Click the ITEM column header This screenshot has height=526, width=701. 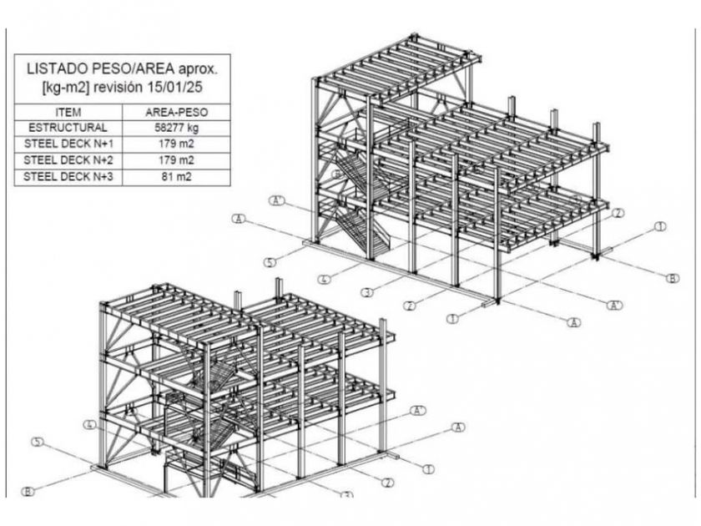click(x=68, y=112)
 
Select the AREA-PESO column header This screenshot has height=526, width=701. click(x=177, y=112)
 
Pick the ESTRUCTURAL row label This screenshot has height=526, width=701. click(x=68, y=128)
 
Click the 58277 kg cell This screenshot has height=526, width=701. click(x=177, y=128)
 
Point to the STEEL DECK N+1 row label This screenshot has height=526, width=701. click(x=68, y=144)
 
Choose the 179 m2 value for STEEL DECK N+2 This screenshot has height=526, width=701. click(x=177, y=160)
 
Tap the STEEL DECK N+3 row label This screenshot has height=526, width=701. click(x=68, y=177)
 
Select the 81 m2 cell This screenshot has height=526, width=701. click(x=177, y=177)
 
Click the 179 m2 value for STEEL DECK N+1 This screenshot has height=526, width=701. click(x=177, y=144)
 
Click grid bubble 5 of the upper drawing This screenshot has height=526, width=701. click(x=270, y=262)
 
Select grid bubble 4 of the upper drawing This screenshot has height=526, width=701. click(x=325, y=280)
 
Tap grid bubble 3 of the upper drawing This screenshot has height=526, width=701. click(x=367, y=293)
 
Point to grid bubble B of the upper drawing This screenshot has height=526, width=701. click(x=673, y=278)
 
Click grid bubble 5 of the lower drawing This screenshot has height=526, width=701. click(x=38, y=442)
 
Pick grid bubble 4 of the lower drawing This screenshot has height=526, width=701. click(x=90, y=424)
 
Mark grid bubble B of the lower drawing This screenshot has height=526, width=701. click(x=28, y=492)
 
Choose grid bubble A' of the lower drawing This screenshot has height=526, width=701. click(x=418, y=410)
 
